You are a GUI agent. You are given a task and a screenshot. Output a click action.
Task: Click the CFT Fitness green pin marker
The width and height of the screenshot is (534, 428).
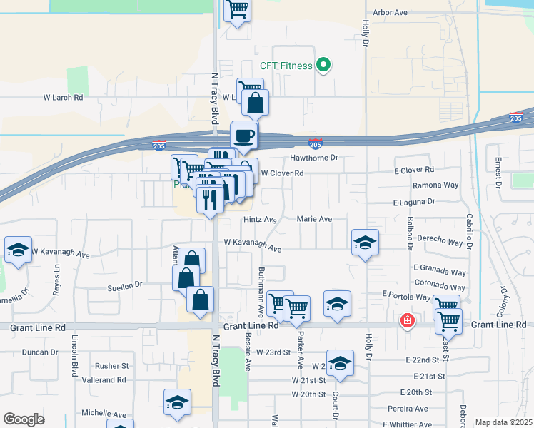(x=323, y=66)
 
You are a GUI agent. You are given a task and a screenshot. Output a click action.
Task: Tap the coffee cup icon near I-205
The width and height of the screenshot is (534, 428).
(x=243, y=135)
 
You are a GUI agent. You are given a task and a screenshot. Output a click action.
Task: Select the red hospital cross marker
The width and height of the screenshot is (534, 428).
(x=407, y=321)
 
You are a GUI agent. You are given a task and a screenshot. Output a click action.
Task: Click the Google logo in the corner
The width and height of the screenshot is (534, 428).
(x=24, y=419)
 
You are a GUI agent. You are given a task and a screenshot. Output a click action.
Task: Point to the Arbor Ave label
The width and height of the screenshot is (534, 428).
(x=390, y=12)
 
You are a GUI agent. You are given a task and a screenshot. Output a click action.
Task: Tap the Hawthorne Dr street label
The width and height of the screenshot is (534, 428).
(x=313, y=158)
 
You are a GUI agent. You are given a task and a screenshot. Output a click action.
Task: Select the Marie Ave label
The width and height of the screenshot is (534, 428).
(x=314, y=219)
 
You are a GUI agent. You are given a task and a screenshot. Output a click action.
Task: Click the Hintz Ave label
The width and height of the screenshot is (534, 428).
(x=259, y=220)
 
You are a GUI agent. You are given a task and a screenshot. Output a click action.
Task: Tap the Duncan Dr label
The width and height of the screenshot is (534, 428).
(x=39, y=352)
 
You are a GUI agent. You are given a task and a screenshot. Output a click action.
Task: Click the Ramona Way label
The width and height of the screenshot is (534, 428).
(x=435, y=185)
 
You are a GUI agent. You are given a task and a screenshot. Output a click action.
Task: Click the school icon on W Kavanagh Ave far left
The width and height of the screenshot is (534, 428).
(x=18, y=250)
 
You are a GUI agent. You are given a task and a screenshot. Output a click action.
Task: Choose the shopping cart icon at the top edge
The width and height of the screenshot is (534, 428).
(x=238, y=10)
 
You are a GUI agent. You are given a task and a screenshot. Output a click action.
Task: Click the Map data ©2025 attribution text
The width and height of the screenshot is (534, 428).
(x=503, y=422)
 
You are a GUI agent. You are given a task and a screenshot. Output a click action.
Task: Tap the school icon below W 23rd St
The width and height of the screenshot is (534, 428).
(x=340, y=362)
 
